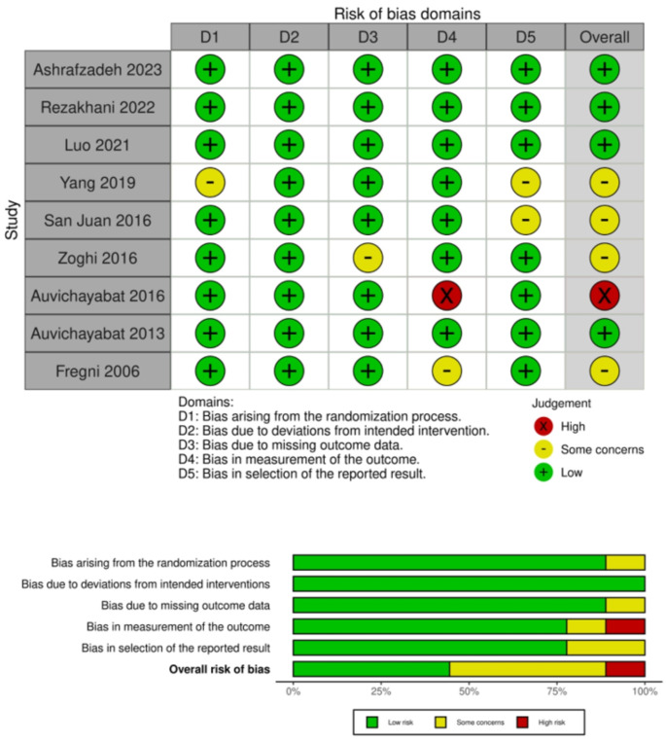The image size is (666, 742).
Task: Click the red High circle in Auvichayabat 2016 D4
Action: pos(446,265)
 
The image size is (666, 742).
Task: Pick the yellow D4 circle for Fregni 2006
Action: pos(446,341)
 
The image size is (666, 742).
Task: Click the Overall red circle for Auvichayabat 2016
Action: pos(604,265)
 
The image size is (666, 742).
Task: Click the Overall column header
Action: pos(604,37)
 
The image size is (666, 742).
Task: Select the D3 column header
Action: pos(368,37)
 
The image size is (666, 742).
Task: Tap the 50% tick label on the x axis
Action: pos(469,691)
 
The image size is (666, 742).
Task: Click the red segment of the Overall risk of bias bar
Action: pos(625,669)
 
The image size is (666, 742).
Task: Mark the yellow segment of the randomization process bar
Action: pos(625,562)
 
